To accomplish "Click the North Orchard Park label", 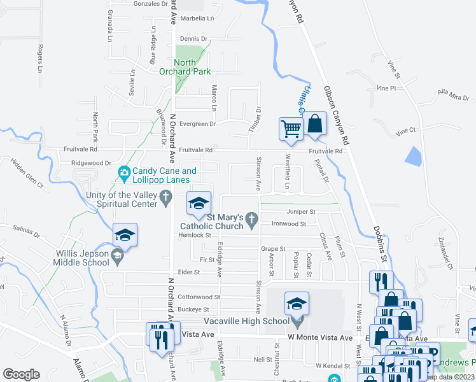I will pyautogui.click(x=193, y=67).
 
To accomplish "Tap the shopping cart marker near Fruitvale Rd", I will pyautogui.click(x=291, y=129).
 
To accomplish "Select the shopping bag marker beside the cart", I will pyautogui.click(x=315, y=124).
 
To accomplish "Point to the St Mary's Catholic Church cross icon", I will pyautogui.click(x=251, y=222).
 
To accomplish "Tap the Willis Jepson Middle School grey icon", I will pyautogui.click(x=117, y=257).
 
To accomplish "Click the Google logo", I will pyautogui.click(x=21, y=374).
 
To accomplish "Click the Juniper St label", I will pyautogui.click(x=302, y=211).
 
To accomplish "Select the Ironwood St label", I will pyautogui.click(x=289, y=224).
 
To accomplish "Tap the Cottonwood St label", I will pyautogui.click(x=198, y=297).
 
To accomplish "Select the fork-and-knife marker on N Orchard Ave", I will pyautogui.click(x=159, y=336).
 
